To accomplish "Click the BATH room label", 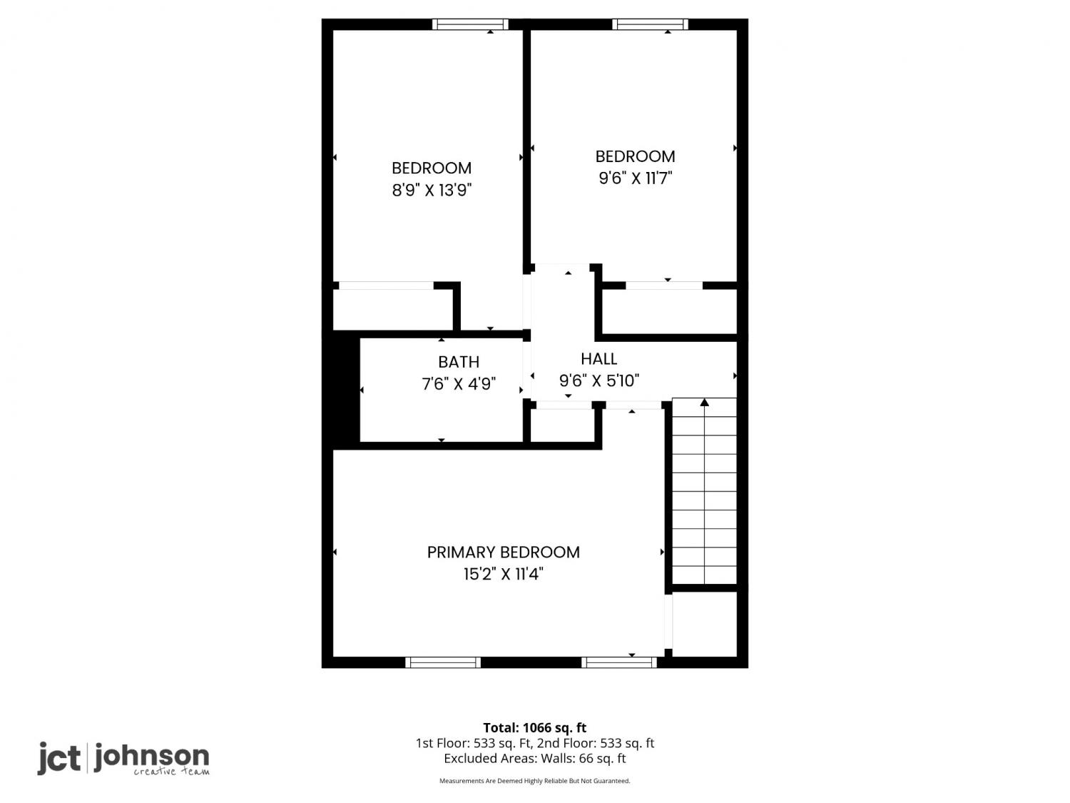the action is [x=458, y=362].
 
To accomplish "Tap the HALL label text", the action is [x=598, y=359].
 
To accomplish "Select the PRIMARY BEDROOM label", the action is [x=503, y=552].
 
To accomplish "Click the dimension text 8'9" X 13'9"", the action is [x=432, y=190].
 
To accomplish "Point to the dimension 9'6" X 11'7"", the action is [x=635, y=178].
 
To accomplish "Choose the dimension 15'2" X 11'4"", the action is [x=503, y=574].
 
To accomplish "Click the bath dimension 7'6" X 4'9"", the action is [x=458, y=384].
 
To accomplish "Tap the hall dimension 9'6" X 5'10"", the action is [x=598, y=380].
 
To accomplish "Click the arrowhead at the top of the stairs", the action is [x=704, y=403].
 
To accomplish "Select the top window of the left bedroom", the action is [x=470, y=24].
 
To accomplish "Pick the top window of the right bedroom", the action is [x=651, y=24].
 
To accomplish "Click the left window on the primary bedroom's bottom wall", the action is [x=443, y=662].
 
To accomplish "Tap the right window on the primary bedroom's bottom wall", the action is [x=618, y=662].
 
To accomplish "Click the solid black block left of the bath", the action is [x=346, y=388].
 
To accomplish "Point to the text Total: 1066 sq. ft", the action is [x=535, y=728].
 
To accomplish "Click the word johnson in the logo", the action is [x=151, y=757].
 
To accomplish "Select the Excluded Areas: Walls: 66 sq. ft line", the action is [x=535, y=759].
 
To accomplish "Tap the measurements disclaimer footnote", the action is [x=535, y=781].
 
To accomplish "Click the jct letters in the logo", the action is [x=59, y=758].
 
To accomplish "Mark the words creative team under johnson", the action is [x=172, y=772].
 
